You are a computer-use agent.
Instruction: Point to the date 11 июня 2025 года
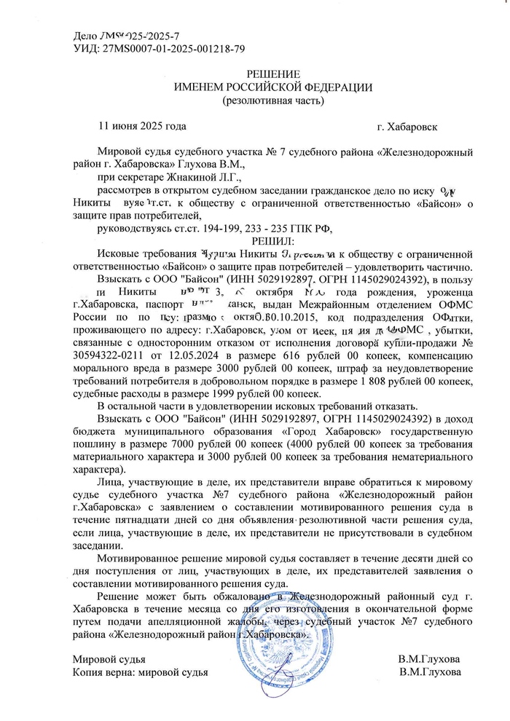(x=142, y=126)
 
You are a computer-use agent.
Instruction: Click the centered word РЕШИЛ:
(x=271, y=240)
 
